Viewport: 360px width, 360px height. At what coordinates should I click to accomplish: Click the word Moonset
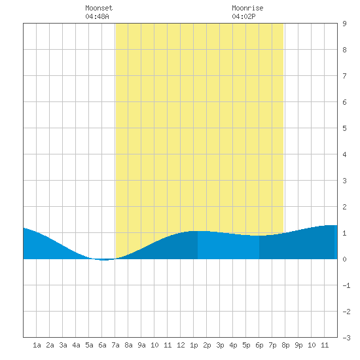coord(99,8)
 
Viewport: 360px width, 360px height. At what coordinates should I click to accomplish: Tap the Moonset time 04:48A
coord(97,16)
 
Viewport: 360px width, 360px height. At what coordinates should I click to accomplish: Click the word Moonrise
coord(247,8)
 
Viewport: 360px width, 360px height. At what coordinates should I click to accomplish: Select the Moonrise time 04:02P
coord(243,16)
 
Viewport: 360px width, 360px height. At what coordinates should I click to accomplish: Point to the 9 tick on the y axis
coord(344,24)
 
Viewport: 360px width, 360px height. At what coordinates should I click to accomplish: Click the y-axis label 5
coord(344,128)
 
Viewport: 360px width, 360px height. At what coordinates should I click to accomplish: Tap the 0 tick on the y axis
coord(344,259)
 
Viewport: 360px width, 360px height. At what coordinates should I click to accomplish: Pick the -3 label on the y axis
coord(346,338)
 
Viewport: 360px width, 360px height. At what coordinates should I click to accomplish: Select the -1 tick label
coord(346,285)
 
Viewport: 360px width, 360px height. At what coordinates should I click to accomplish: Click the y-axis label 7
coord(344,76)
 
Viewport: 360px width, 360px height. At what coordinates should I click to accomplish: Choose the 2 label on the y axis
coord(344,207)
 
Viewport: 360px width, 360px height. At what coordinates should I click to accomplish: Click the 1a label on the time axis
coord(37,345)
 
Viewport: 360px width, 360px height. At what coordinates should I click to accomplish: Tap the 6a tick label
coord(102,345)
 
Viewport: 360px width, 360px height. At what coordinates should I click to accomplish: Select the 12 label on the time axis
coord(181,345)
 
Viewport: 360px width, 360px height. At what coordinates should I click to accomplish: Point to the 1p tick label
coord(194,345)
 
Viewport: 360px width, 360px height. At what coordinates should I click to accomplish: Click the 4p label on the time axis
coord(233,345)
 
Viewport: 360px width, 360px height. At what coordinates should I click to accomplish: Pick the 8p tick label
coord(285,345)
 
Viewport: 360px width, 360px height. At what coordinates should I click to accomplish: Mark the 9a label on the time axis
coord(141,345)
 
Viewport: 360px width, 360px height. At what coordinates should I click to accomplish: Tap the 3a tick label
coord(63,345)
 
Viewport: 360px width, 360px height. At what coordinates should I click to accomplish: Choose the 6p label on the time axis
coord(259,345)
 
